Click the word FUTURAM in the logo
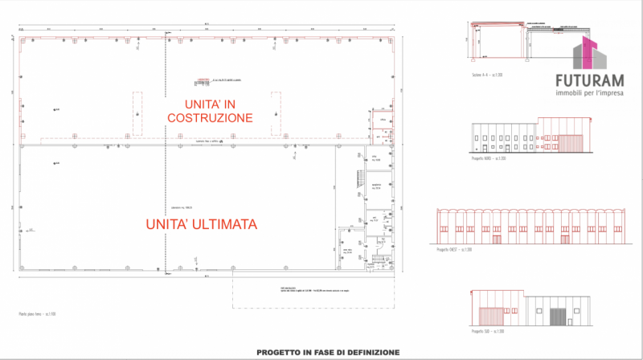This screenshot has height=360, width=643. point(589,80)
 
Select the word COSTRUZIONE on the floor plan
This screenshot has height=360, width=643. point(210,117)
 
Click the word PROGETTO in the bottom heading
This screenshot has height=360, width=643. point(281,352)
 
